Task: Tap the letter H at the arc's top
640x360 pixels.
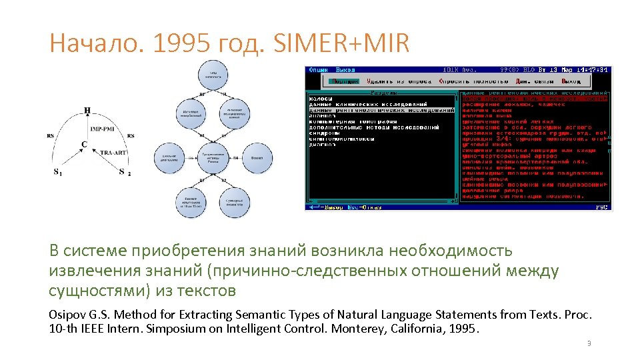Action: (x=87, y=111)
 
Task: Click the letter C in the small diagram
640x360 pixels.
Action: (x=84, y=144)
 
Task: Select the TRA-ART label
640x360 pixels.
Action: (x=113, y=153)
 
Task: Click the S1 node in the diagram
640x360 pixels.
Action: (x=58, y=172)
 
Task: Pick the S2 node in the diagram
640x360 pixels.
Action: (x=123, y=172)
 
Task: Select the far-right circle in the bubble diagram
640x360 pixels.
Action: (x=257, y=158)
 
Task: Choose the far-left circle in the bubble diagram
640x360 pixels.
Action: (x=169, y=158)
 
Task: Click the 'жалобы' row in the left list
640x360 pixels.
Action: (x=321, y=99)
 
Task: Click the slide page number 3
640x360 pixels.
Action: (x=589, y=343)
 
